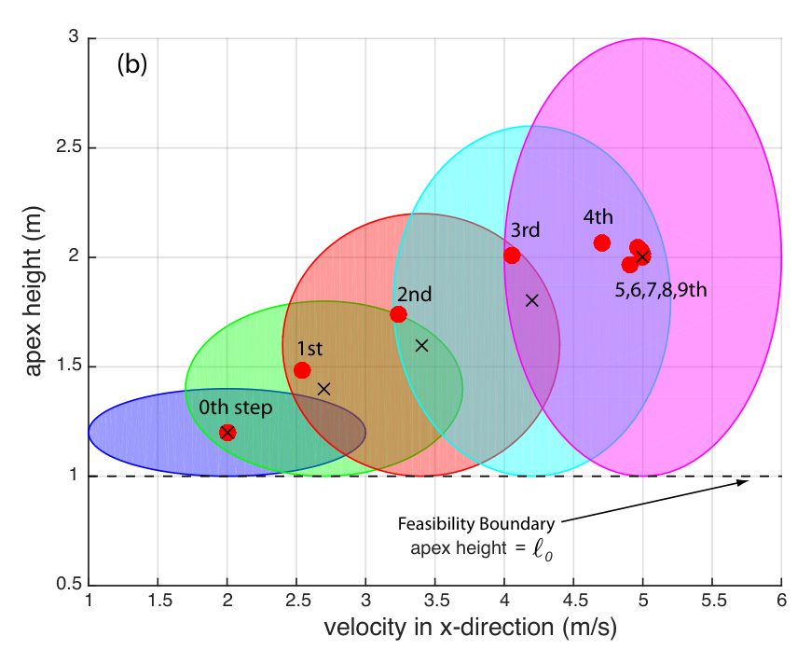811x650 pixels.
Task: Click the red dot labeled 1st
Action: coord(302,370)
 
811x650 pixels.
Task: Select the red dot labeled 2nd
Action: coord(398,314)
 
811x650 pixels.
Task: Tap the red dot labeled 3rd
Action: coord(512,256)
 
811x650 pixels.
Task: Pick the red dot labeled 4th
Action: coord(601,242)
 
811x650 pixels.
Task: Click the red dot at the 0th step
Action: coord(227,432)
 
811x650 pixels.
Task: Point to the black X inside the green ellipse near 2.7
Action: coord(323,389)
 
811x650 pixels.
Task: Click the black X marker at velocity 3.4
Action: coord(422,345)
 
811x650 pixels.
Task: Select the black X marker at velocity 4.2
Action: coord(531,300)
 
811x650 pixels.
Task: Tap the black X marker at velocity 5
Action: coord(642,256)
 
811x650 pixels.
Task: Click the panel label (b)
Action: coord(131,64)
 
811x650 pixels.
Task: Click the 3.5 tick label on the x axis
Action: coord(436,601)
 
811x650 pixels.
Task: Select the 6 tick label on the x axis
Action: coord(781,601)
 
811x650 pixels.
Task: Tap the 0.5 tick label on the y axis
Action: coord(69,585)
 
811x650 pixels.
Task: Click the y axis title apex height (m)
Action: coord(34,291)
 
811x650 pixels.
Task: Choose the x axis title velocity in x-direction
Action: coord(471,628)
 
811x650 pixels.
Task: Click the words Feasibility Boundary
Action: coord(475,524)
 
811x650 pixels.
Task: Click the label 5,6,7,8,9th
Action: coord(661,290)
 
